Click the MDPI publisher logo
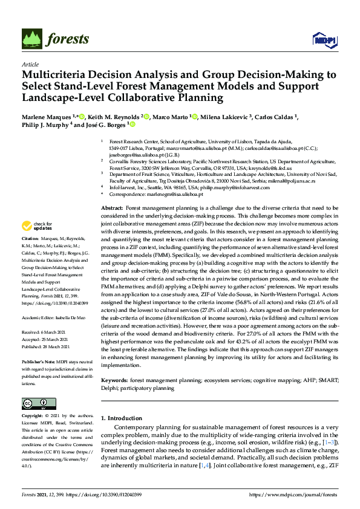click(x=324, y=40)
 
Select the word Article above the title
click(x=30, y=65)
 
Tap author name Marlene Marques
click(x=46, y=116)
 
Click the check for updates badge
click(x=35, y=226)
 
